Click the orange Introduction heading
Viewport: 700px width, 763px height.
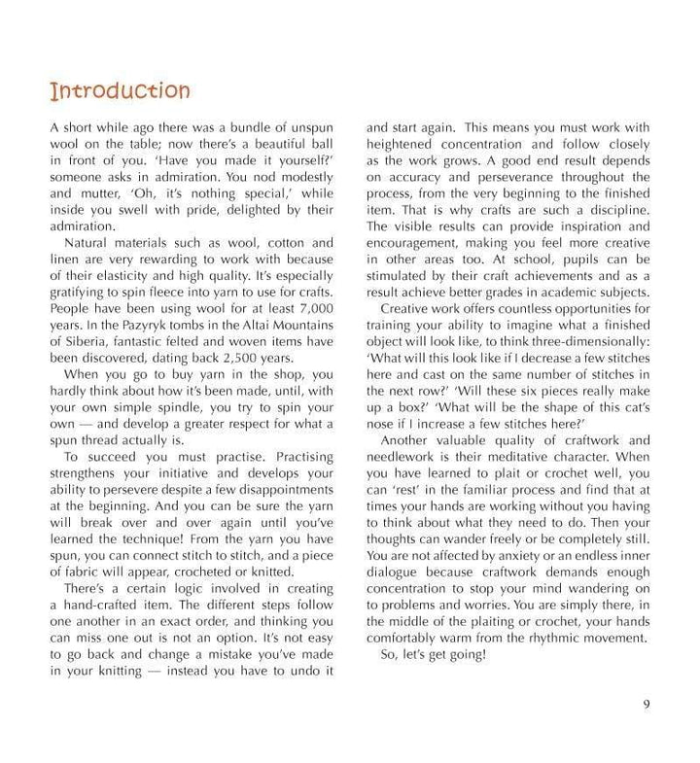(x=120, y=92)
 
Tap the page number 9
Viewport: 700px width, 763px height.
(x=647, y=705)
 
